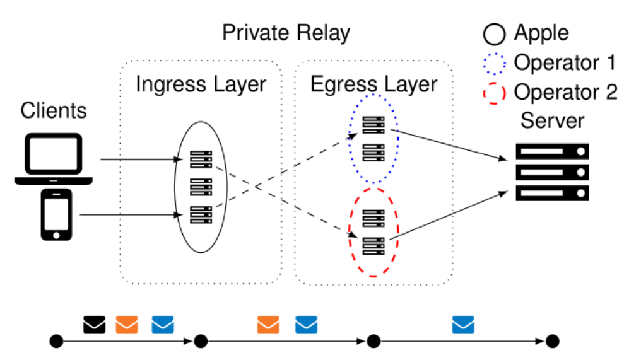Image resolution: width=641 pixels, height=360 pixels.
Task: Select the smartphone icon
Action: tap(56, 215)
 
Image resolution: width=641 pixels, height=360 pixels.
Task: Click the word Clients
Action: tap(54, 111)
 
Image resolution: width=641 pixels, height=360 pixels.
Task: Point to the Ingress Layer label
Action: tap(201, 84)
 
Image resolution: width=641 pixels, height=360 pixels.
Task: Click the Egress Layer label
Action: tap(373, 84)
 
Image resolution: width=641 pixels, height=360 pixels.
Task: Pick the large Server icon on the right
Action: tap(552, 172)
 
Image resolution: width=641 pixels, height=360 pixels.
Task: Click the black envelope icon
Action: tap(95, 325)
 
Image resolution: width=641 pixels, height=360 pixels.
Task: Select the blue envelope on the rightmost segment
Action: tap(462, 325)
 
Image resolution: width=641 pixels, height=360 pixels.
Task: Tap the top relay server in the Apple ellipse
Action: tap(201, 160)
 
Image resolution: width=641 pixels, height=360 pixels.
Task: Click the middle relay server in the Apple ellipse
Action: tap(201, 187)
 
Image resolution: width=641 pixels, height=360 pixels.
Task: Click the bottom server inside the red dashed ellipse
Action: tap(373, 245)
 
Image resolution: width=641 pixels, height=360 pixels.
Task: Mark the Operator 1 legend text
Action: tap(565, 62)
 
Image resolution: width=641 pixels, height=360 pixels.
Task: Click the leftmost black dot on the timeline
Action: tap(56, 342)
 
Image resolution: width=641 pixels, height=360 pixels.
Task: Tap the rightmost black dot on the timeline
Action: tap(553, 342)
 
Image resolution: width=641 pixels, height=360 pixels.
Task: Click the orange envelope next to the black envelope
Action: tap(127, 325)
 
